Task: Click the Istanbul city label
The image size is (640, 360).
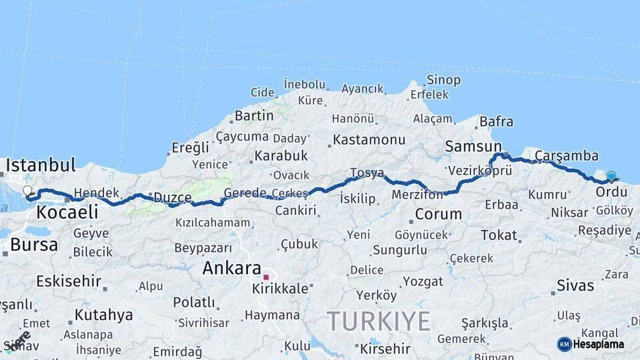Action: pyautogui.click(x=41, y=165)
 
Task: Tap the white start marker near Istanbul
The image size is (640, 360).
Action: pyautogui.click(x=27, y=191)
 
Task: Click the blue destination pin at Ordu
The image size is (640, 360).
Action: pyautogui.click(x=611, y=177)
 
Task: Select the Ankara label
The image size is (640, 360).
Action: pyautogui.click(x=231, y=268)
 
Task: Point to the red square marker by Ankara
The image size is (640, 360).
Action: pyautogui.click(x=266, y=277)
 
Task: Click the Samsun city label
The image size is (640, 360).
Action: pyautogui.click(x=473, y=146)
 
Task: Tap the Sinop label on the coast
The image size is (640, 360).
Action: pyautogui.click(x=443, y=80)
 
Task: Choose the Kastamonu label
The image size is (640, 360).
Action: pyautogui.click(x=369, y=140)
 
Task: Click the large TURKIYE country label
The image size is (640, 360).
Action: pyautogui.click(x=379, y=321)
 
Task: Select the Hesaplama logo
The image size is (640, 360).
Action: pyautogui.click(x=591, y=344)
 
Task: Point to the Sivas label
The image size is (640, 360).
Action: pyautogui.click(x=575, y=285)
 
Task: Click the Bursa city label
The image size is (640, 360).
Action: pyautogui.click(x=34, y=245)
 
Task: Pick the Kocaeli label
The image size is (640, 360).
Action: pyautogui.click(x=67, y=213)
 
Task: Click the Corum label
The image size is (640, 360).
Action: pyautogui.click(x=438, y=214)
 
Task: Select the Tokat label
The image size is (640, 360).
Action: pyautogui.click(x=499, y=235)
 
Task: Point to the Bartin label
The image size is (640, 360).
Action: pyautogui.click(x=254, y=115)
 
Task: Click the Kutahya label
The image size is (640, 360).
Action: pyautogui.click(x=103, y=315)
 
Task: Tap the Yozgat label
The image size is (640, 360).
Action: pyautogui.click(x=423, y=281)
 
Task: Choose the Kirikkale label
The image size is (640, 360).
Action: pyautogui.click(x=280, y=289)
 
